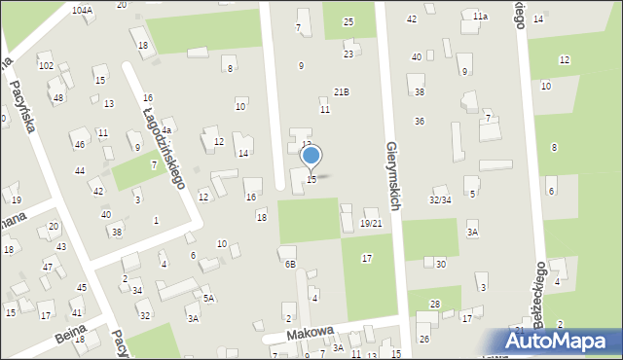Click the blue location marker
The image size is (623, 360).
click(311, 156)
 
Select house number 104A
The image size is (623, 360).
click(83, 10)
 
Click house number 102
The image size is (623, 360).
click(46, 65)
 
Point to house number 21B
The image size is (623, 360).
click(341, 91)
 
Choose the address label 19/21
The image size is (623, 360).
click(370, 224)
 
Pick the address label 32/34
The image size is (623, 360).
click(440, 199)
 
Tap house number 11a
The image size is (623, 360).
click(480, 17)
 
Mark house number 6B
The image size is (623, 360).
click(289, 264)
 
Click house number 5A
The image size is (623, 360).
click(208, 299)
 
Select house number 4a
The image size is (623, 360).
click(166, 130)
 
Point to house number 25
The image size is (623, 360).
click(348, 21)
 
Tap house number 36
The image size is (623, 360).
click(419, 122)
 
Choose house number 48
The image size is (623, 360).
click(58, 98)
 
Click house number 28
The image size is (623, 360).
click(435, 305)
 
